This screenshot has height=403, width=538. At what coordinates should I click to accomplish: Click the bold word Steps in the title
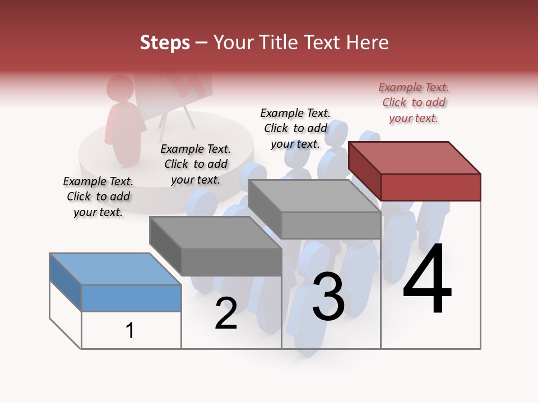click(x=165, y=43)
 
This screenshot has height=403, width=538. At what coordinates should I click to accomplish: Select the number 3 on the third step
click(x=328, y=296)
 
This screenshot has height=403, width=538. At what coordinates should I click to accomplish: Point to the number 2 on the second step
click(x=226, y=313)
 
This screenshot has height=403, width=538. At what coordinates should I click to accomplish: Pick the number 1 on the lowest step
click(x=130, y=330)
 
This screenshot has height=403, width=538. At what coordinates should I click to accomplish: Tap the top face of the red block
click(x=415, y=157)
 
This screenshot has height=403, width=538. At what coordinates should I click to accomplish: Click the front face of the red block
click(x=430, y=187)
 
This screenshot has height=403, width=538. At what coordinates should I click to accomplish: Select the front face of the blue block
click(x=131, y=298)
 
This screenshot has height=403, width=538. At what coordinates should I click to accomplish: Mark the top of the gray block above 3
click(x=314, y=196)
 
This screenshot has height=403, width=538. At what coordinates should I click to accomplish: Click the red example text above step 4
click(x=414, y=102)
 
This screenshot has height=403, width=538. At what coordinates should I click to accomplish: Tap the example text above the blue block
click(x=98, y=196)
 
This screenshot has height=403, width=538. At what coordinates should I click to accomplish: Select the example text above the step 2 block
click(x=196, y=164)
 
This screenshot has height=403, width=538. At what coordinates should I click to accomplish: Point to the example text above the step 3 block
click(x=295, y=128)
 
